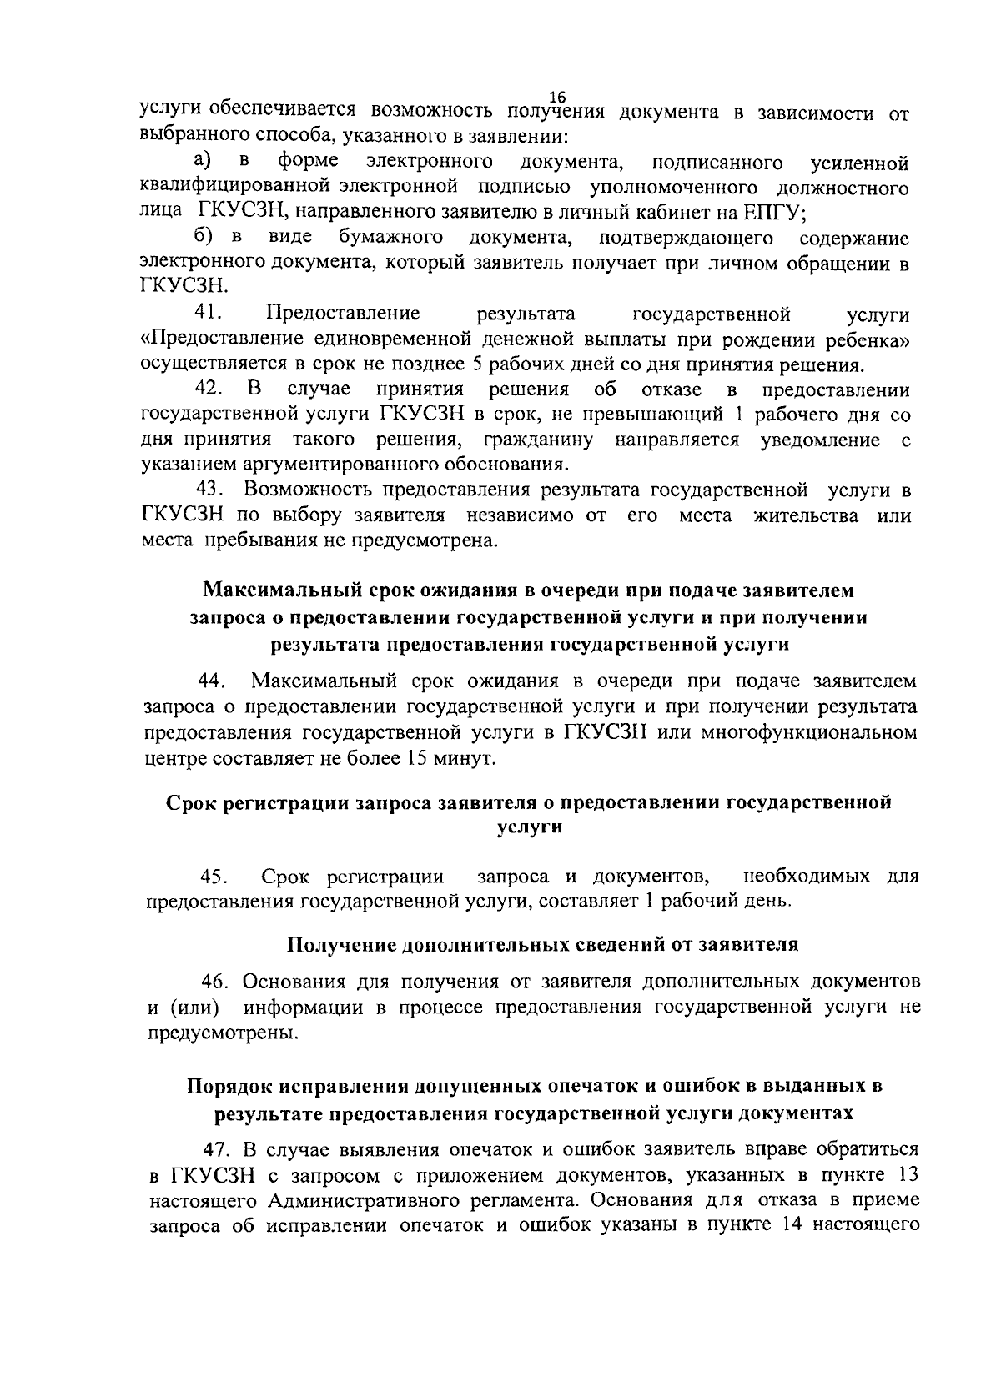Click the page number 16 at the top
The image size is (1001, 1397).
coord(558,98)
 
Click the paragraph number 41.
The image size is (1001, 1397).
coord(207,314)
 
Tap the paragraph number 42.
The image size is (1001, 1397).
coord(208,389)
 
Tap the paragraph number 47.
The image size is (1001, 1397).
coord(219,1150)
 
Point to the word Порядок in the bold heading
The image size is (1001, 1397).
coord(228,1086)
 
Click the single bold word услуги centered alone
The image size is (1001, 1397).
coord(529,828)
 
